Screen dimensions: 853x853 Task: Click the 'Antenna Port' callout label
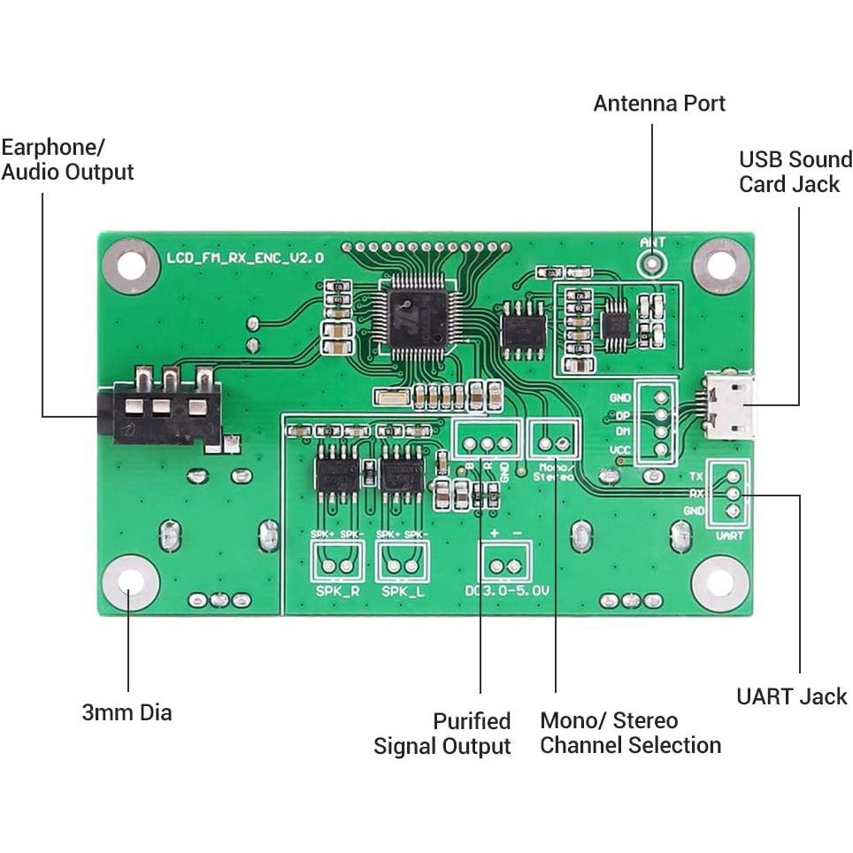pos(659,104)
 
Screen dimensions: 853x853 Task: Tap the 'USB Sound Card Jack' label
pos(795,172)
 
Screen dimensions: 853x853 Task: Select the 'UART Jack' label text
pos(791,696)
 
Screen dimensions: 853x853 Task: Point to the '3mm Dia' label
pos(127,712)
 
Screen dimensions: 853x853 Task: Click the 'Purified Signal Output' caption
pos(442,734)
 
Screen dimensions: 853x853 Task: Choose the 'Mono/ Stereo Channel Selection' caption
pos(630,733)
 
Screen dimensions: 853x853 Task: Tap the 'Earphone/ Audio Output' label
pos(67,159)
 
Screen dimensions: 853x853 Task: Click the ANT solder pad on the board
pos(653,263)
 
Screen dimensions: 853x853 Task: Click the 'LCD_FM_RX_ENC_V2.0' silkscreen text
pos(245,257)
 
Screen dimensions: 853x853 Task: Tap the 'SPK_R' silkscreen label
pos(337,591)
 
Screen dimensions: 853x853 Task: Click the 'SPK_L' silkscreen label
pos(403,591)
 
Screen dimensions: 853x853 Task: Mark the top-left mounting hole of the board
pos(130,264)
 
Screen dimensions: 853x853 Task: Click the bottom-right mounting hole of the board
pos(721,583)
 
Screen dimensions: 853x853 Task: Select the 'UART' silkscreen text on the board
pos(729,535)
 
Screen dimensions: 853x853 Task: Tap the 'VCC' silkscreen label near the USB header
pos(620,450)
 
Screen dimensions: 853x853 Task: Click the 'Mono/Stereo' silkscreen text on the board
pos(554,472)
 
